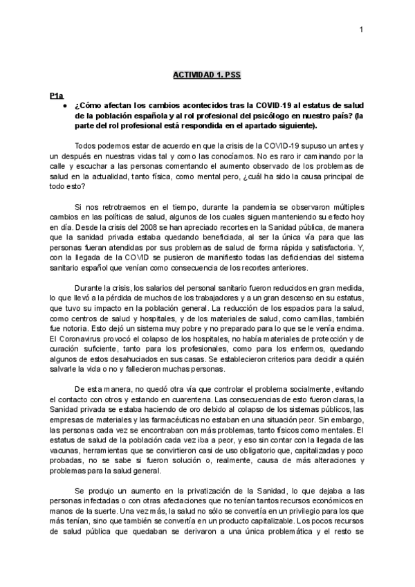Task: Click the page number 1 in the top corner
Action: pos(361,28)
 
